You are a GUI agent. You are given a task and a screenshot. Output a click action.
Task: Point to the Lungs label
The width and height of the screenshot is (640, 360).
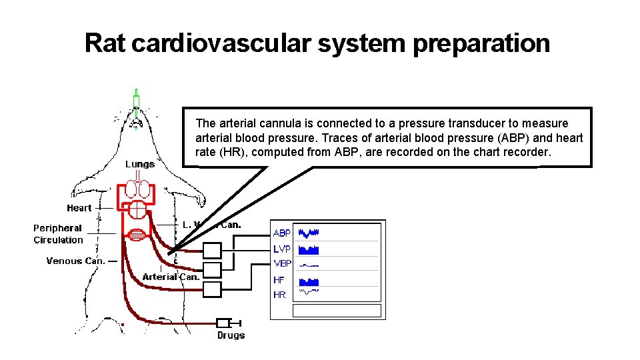[140, 164]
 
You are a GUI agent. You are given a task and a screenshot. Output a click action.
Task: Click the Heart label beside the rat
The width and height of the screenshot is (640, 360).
[79, 208]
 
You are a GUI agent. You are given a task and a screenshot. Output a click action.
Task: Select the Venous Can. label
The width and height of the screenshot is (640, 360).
[75, 261]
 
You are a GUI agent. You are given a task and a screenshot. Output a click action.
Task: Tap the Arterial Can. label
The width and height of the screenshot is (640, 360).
[171, 277]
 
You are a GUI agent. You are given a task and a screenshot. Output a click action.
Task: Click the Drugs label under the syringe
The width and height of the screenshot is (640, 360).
[231, 335]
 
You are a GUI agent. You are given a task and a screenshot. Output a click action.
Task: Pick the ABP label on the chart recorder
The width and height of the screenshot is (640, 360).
[282, 233]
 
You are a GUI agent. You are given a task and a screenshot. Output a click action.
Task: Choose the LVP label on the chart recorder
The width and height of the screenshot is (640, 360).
[282, 249]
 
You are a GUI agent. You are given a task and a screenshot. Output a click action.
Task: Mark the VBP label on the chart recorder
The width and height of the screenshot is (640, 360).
[282, 263]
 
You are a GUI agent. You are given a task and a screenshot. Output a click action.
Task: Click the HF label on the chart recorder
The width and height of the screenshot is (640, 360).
[279, 281]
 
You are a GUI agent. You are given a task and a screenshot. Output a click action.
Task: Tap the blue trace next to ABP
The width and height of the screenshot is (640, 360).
[309, 233]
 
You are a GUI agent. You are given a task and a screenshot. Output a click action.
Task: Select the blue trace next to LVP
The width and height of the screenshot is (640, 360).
[309, 250]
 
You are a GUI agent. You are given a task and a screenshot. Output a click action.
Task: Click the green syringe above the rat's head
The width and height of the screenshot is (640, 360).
[136, 102]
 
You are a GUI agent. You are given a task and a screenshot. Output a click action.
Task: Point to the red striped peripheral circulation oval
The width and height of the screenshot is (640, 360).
[136, 234]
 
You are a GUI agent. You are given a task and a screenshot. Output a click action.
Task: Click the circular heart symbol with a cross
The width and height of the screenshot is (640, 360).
[137, 209]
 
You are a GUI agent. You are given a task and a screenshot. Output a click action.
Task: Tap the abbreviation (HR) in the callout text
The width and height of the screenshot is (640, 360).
[209, 152]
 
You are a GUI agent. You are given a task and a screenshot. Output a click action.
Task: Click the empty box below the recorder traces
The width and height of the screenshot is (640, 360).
[336, 311]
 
